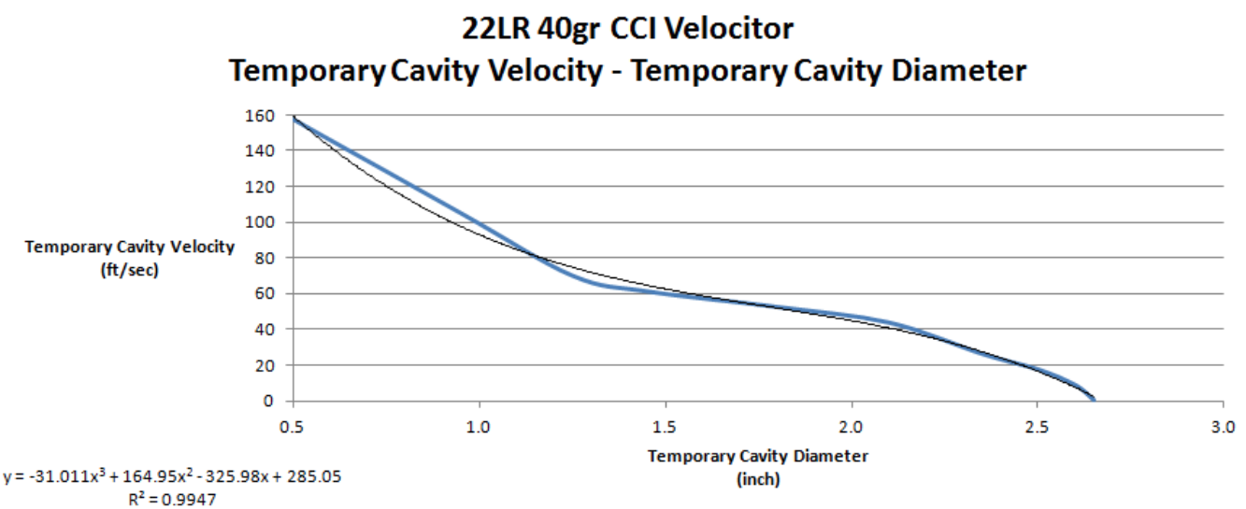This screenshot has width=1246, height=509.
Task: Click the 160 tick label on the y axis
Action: (x=262, y=116)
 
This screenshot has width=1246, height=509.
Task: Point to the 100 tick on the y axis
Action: (x=262, y=222)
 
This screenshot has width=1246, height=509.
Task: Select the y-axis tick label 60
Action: (x=265, y=293)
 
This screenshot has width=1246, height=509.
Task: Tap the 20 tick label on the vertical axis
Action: (x=265, y=365)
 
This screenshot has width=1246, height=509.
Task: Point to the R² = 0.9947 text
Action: (x=177, y=496)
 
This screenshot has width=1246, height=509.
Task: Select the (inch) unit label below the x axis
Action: (x=757, y=479)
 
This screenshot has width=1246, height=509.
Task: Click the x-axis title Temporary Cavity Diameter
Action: (x=757, y=457)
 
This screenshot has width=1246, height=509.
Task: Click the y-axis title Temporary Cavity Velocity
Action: (x=130, y=247)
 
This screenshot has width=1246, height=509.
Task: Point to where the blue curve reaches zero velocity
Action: (x=1094, y=401)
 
